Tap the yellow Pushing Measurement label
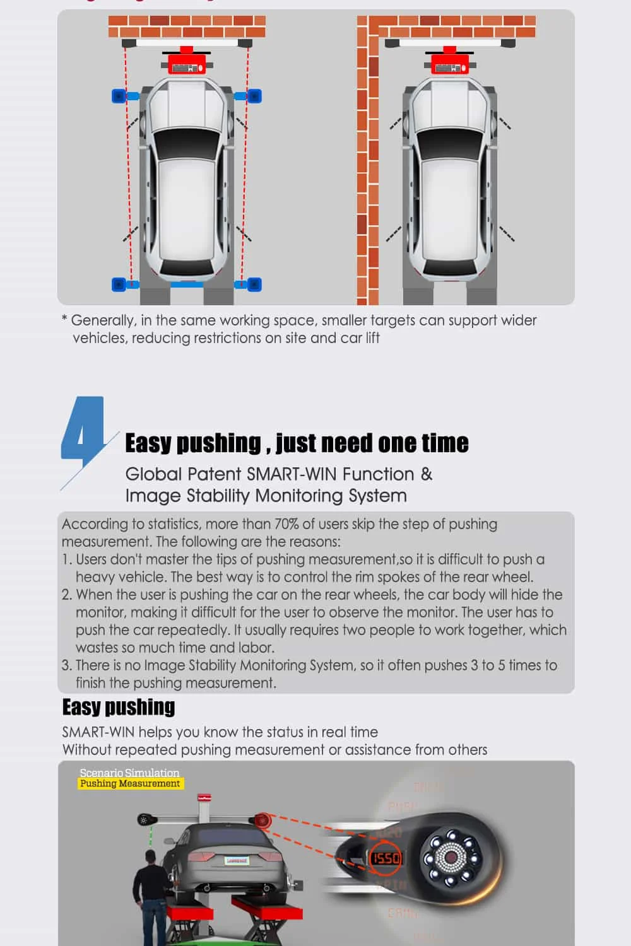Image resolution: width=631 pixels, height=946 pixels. point(130,783)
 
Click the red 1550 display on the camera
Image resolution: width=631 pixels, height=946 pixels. point(386,858)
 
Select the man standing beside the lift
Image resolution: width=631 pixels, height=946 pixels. point(150,896)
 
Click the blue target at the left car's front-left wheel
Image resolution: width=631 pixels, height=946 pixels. point(119,96)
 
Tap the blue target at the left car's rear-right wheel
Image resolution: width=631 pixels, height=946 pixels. point(254,284)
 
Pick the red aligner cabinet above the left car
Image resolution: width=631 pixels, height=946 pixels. point(187,63)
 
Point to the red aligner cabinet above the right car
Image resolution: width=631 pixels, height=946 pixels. point(450,63)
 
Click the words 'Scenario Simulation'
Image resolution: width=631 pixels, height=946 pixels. point(129,773)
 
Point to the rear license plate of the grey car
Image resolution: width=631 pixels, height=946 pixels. point(237,860)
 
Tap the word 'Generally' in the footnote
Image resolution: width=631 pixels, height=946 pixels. point(102,320)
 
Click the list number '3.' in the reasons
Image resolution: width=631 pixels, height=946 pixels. point(67,665)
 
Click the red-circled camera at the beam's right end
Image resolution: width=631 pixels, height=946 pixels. point(260,820)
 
